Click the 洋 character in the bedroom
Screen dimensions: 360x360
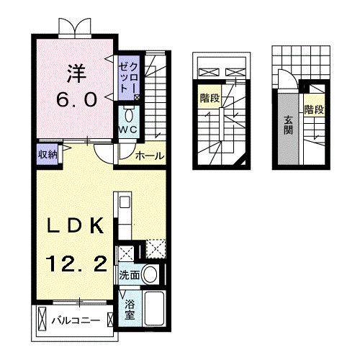(75, 72)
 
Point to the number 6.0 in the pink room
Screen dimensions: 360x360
(75, 100)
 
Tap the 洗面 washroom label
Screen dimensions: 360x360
(130, 275)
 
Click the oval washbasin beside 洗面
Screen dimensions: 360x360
(150, 274)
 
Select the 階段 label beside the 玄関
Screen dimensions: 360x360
(313, 109)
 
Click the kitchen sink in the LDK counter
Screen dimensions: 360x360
(121, 203)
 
